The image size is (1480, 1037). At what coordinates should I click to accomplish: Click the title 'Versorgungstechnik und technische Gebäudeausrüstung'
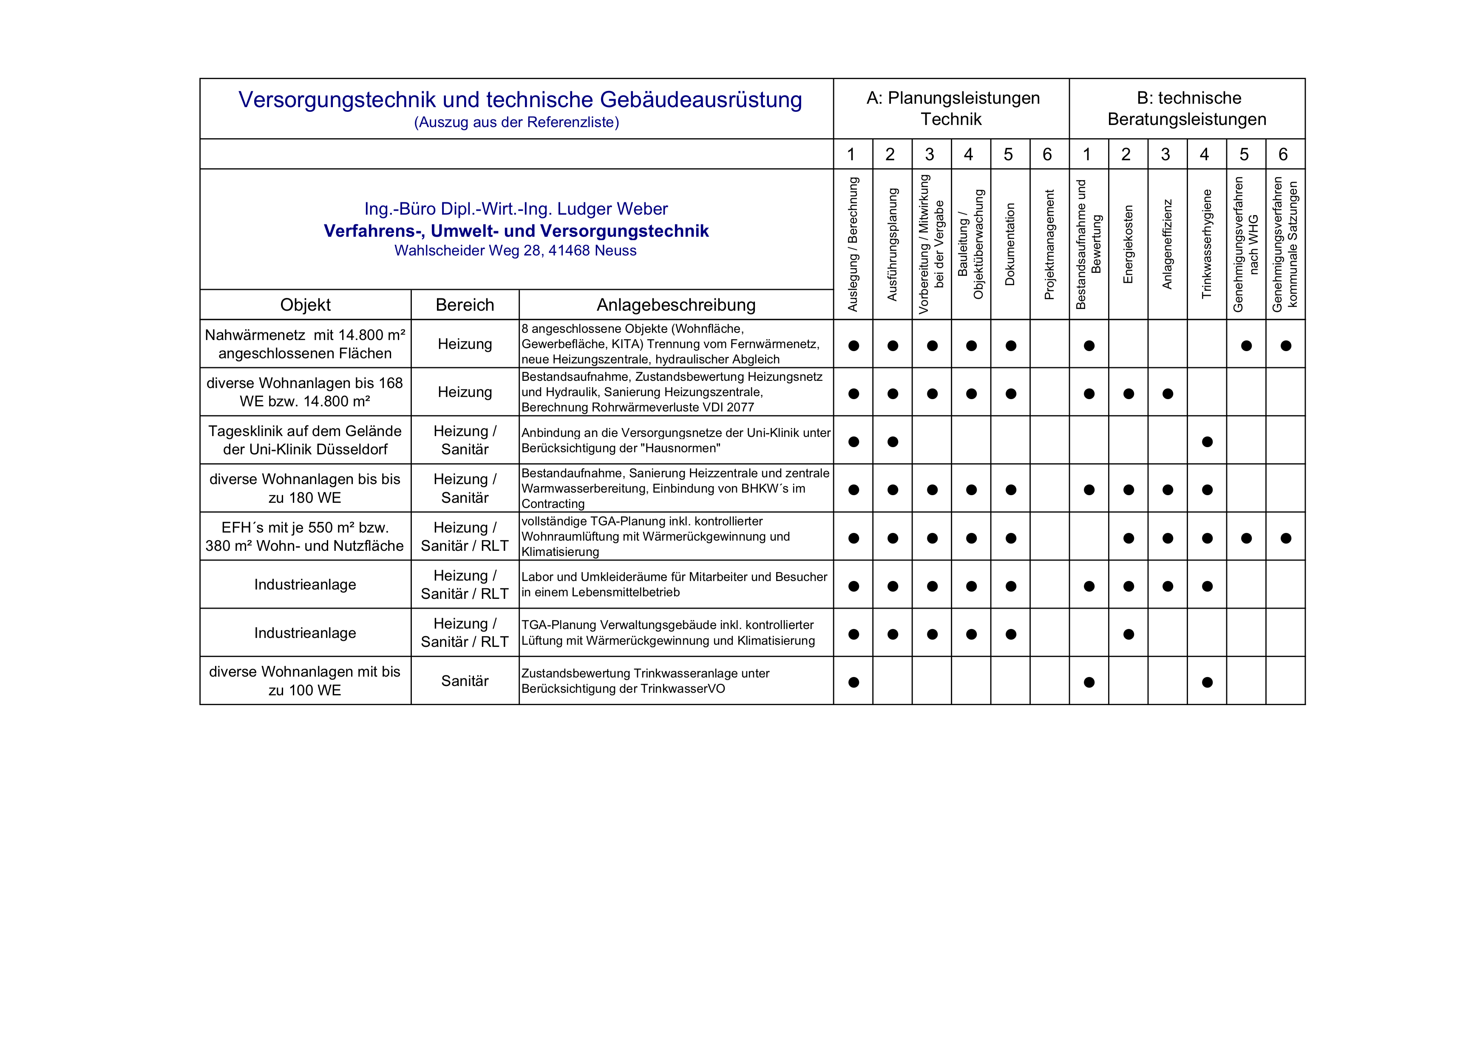(x=519, y=100)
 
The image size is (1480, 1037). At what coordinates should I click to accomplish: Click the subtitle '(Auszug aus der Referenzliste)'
(x=516, y=122)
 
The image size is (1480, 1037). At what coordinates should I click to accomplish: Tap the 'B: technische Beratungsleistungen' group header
(x=1187, y=108)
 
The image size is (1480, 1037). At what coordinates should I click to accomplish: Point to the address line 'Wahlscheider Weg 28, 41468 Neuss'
(x=515, y=251)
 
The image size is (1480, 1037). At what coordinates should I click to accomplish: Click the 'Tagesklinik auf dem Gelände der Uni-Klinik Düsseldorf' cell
(x=305, y=440)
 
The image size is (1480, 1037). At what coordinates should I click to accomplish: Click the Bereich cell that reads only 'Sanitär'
(x=465, y=681)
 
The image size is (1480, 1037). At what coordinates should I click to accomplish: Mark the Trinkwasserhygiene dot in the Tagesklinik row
(x=1207, y=442)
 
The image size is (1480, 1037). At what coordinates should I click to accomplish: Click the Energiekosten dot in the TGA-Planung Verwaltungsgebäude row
(x=1128, y=634)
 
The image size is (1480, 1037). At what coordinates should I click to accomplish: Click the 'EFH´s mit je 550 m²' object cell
(x=305, y=537)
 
